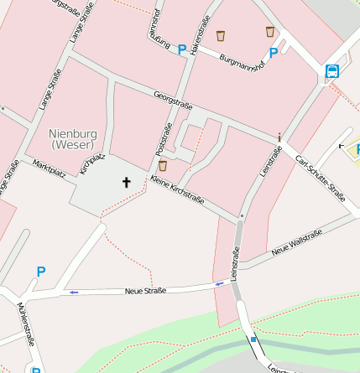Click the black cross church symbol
[x=127, y=181]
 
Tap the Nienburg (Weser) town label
[x=74, y=139]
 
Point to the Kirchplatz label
[x=91, y=163]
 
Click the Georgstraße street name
[x=174, y=101]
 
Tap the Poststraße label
[x=164, y=139]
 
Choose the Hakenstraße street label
[x=198, y=35]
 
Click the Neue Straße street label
[x=145, y=290]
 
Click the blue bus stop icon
[x=332, y=71]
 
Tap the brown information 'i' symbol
[x=279, y=136]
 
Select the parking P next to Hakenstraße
[x=182, y=49]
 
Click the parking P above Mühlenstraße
[x=40, y=272]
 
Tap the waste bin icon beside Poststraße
[x=163, y=165]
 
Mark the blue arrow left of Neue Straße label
[x=74, y=292]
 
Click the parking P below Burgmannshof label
[x=274, y=52]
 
